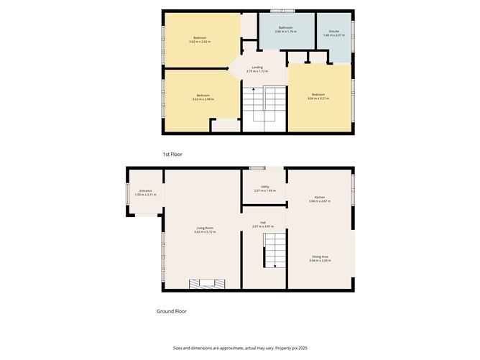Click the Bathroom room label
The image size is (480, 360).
pyautogui.click(x=286, y=28)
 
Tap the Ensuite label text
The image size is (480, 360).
pyautogui.click(x=334, y=31)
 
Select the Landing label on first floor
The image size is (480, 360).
pyautogui.click(x=257, y=67)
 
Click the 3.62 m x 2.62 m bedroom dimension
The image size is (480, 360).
pyautogui.click(x=200, y=42)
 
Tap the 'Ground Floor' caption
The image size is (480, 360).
pyautogui.click(x=172, y=311)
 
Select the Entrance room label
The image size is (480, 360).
pyautogui.click(x=145, y=190)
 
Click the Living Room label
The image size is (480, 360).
pyautogui.click(x=205, y=228)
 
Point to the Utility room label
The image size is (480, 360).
pyautogui.click(x=265, y=186)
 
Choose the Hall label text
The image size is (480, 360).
pyautogui.click(x=264, y=223)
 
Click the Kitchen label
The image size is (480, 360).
pyautogui.click(x=320, y=198)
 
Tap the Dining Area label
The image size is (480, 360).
pyautogui.click(x=320, y=257)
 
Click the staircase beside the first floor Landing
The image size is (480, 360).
pyautogui.click(x=264, y=108)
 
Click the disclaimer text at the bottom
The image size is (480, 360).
pyautogui.click(x=239, y=347)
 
